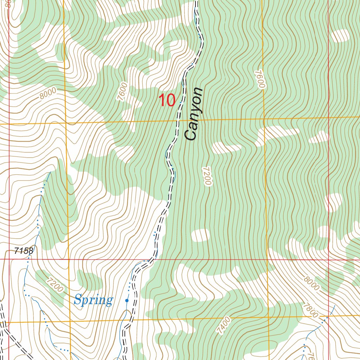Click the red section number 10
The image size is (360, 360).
(x=167, y=101)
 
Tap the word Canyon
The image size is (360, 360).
(x=194, y=114)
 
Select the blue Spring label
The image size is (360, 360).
(x=94, y=300)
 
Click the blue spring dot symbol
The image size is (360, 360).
(x=127, y=301)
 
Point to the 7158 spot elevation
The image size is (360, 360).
(x=24, y=251)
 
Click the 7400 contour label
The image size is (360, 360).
(x=224, y=326)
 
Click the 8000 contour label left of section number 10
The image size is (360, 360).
(x=48, y=94)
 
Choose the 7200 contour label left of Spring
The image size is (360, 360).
(x=55, y=285)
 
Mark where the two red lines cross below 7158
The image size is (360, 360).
(x=9, y=259)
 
